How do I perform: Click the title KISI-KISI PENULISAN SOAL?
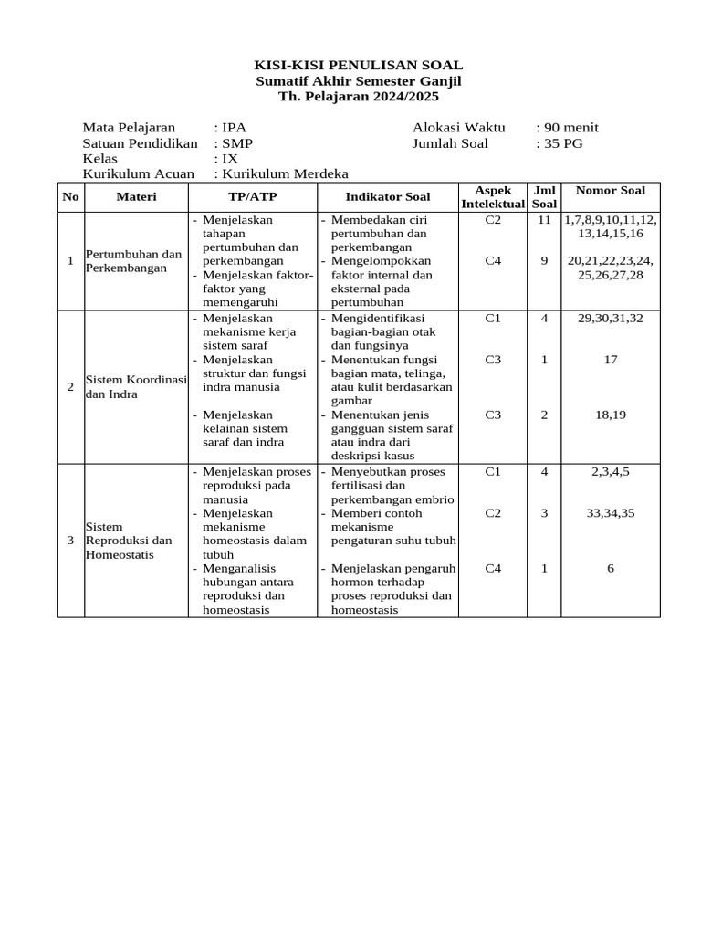pos(358,65)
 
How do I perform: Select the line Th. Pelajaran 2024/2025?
pos(358,96)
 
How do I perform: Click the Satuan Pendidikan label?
pos(140,143)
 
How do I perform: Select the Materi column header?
pos(136,197)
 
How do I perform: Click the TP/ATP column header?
pos(252,197)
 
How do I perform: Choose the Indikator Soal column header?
pos(387,197)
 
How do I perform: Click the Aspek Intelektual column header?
pos(493,197)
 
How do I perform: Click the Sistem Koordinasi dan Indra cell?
pos(135,386)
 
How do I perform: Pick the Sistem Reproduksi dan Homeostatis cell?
pos(129,541)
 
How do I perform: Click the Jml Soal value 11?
pos(544,220)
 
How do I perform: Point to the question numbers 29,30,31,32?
pos(611,319)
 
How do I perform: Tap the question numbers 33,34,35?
pos(611,513)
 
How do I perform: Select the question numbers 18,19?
pos(611,415)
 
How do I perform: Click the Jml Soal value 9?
pos(544,260)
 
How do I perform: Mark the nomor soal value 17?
pos(611,360)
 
